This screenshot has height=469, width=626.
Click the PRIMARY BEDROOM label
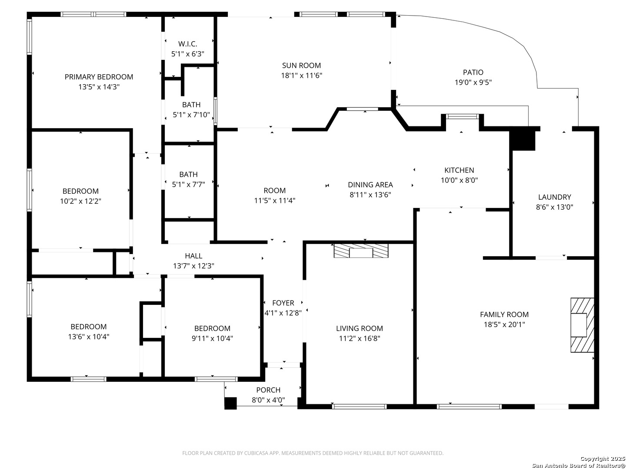pos(99,77)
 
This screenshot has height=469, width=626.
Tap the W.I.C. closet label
pos(188,44)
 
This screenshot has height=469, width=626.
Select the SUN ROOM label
pos(301,66)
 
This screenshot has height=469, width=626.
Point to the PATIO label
pos(473,73)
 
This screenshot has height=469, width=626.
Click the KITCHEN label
pos(459,170)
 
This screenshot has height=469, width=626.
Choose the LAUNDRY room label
pos(554,197)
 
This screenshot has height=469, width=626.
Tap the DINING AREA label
pos(370,185)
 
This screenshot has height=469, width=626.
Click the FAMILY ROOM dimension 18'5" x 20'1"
pos(504,324)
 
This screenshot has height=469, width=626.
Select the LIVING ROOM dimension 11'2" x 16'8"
pos(359,338)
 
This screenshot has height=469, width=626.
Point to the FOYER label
pos(283,303)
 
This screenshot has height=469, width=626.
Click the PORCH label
pos(268,390)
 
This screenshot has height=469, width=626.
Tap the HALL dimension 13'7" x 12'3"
pos(193,266)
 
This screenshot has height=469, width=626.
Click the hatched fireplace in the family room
pos(582,325)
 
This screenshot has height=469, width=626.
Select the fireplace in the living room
pos(361,251)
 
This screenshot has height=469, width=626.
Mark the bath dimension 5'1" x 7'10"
pos(191,115)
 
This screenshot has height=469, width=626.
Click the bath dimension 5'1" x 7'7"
pos(188,185)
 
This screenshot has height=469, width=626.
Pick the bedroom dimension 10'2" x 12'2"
pos(80,201)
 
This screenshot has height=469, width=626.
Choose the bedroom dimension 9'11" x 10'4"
pos(212,338)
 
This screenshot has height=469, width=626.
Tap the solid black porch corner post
pos(230,403)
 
